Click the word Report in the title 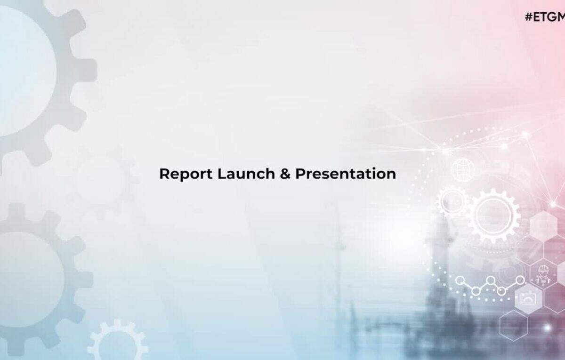point(186,174)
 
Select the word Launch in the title point(246,174)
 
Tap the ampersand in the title point(285,174)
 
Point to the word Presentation point(346,174)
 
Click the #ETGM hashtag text point(545,17)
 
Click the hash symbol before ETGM point(529,17)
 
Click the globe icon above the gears point(463,170)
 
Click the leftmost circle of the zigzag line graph point(460,280)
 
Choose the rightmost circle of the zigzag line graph point(520,280)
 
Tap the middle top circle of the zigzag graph point(490,280)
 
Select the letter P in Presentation point(300,174)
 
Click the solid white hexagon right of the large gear point(543,226)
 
